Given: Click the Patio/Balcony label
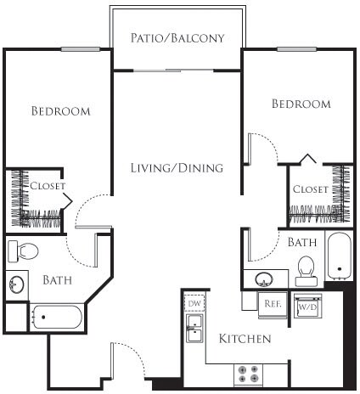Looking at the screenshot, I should coord(177,38).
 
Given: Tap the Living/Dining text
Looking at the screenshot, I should coord(177,168).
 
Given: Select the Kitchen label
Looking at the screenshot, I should coord(245,339).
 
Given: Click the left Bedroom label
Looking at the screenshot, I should coord(60,111).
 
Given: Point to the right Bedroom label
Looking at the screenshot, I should coord(301,104).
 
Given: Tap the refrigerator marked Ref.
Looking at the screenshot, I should coord(273,301).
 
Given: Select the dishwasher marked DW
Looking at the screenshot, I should coord(194,303).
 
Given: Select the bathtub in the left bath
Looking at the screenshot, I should coord(56,318).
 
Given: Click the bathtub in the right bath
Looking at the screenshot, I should coord(338,254).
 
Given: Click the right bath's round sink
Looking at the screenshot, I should coord(264,278).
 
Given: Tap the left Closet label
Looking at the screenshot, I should coord(48,185).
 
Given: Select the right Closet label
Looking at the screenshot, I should coord(310,189).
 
